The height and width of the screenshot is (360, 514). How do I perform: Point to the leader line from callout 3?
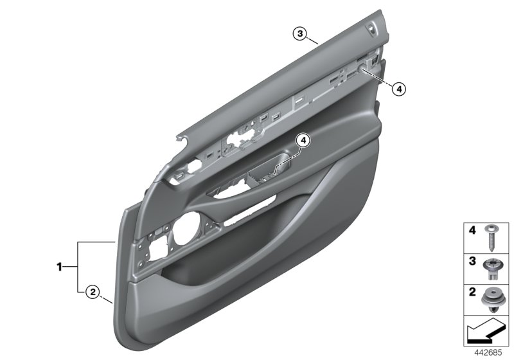pyautogui.click(x=312, y=40)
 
